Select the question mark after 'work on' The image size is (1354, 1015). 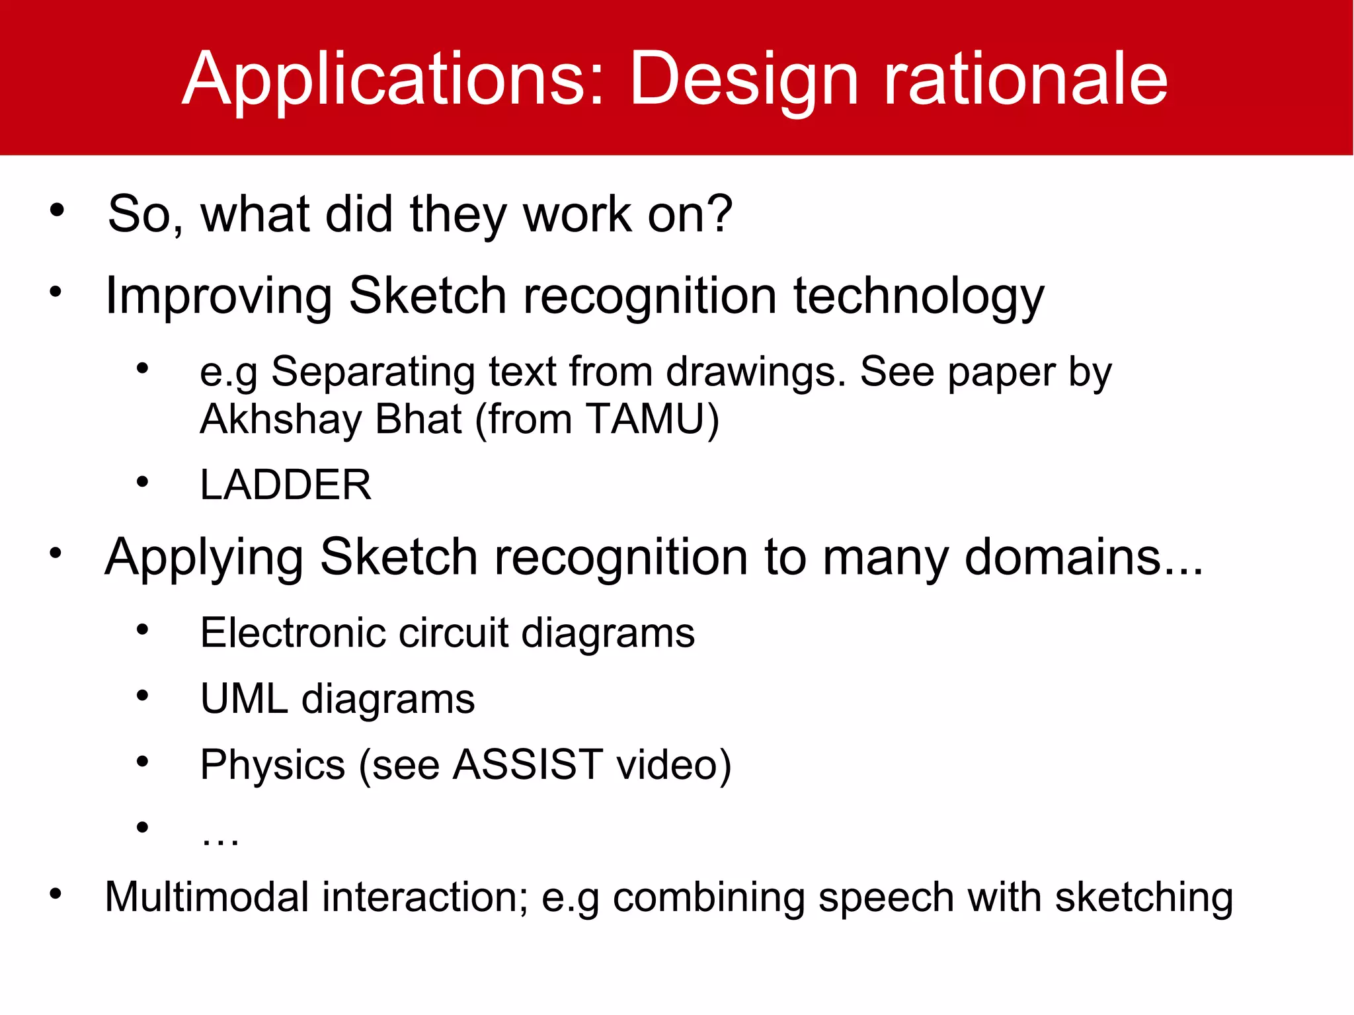coord(719,214)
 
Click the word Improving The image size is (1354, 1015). coord(219,296)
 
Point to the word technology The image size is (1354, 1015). coord(918,296)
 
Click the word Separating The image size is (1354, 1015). coord(373,372)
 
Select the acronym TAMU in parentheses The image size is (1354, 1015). coord(646,419)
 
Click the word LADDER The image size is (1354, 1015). coord(286,485)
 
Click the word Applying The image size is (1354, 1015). coord(204,557)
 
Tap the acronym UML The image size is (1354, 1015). coord(244,699)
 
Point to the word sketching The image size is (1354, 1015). coord(1144,897)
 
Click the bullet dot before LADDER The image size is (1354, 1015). coord(142,483)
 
